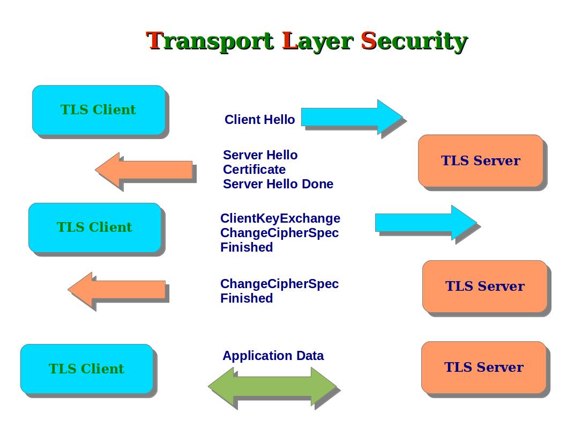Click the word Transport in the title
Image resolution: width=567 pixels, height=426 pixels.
(210, 41)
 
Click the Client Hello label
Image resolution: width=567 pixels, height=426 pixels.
(259, 120)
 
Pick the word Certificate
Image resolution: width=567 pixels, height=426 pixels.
(254, 170)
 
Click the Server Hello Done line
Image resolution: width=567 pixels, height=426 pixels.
(278, 184)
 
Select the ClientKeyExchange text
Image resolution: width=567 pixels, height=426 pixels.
(280, 218)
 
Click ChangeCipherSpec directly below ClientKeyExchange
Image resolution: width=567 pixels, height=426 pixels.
(279, 233)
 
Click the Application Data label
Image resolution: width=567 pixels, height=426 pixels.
(273, 356)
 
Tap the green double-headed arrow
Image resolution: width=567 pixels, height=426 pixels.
(272, 386)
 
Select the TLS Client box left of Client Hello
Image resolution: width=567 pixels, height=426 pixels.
(99, 110)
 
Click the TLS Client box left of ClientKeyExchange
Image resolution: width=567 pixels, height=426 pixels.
(94, 227)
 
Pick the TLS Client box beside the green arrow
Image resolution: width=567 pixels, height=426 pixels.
(86, 369)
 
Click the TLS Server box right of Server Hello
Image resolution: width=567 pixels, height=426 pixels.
(481, 160)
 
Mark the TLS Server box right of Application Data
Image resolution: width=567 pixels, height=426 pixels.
(483, 367)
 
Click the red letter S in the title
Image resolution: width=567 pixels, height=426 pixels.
(368, 41)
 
